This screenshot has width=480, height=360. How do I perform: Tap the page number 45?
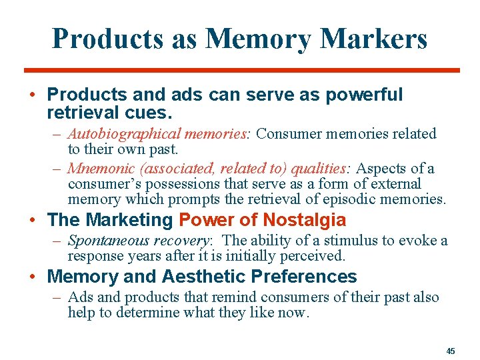pos(451,350)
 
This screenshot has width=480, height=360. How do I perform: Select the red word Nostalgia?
pos(304,219)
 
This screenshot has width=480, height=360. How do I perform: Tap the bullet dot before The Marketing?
pos(33,219)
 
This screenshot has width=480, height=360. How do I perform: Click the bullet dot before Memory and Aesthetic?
pos(33,276)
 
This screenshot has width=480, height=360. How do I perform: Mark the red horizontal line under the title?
pos(241,70)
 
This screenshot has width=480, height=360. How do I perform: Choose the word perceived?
pos(314,255)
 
